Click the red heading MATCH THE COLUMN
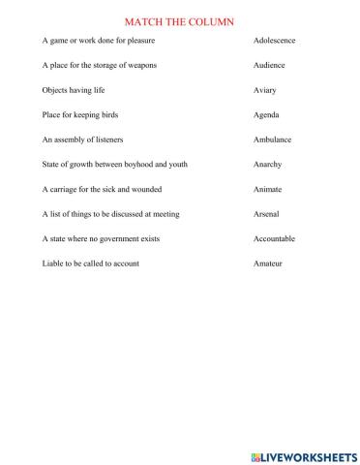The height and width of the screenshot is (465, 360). coord(180,20)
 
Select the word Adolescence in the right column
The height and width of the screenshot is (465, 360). coord(274,41)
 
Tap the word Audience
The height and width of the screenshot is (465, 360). coord(270,65)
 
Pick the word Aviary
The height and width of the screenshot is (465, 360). coord(265,90)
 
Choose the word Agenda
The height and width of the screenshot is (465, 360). coord(266,114)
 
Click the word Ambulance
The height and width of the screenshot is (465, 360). coord(272,139)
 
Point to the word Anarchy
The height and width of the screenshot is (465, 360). coord(268,165)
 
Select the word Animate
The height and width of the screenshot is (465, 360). coord(267,189)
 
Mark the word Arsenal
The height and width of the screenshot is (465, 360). coord(266,214)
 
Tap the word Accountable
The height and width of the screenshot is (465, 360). coord(274,238)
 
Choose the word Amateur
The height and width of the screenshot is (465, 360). coord(267,263)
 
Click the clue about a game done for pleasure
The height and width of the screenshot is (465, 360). coord(99,41)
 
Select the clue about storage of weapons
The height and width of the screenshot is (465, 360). coord(100,65)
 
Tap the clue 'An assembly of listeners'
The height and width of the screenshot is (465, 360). coord(83,139)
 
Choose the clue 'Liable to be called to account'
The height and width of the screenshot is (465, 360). coord(91,263)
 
